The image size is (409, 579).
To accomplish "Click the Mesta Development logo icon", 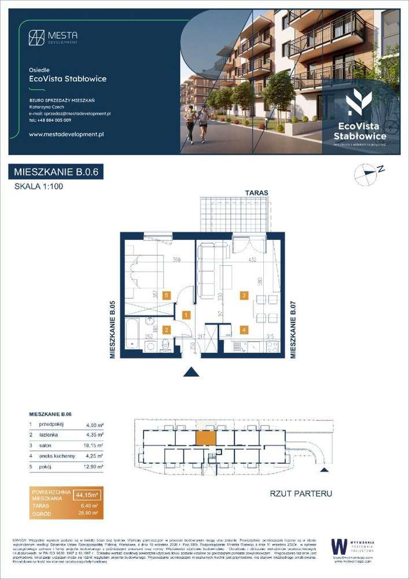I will point(37,37).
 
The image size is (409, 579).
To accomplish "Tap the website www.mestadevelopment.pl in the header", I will point(65,134).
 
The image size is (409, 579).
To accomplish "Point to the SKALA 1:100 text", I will point(38,186).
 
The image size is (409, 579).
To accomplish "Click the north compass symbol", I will point(366,174).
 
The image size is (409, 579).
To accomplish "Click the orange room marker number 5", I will point(167,295).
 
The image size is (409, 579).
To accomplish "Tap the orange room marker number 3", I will point(244,296).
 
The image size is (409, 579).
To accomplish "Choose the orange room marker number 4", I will point(244,330).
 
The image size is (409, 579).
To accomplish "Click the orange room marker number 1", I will point(186,315).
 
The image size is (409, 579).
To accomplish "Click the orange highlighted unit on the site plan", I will point(205,437).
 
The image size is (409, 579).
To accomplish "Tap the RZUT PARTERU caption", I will point(301,494).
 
